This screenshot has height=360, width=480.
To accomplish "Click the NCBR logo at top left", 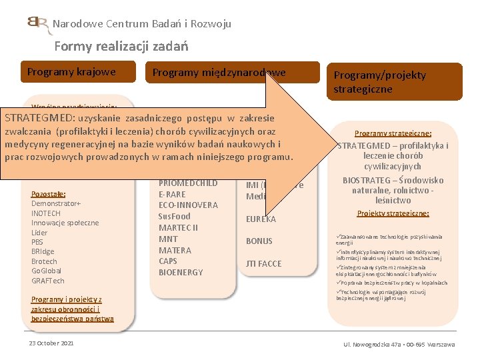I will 38,25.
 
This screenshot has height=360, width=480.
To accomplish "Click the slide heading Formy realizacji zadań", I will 121,46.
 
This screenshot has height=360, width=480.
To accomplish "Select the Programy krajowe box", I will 71,72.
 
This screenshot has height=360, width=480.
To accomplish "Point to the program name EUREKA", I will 261,219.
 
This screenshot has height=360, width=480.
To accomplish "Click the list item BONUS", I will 259,241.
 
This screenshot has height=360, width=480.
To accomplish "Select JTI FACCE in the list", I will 264,263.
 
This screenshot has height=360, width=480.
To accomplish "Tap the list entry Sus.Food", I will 174,216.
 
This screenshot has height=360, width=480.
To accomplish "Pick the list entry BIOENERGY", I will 181,273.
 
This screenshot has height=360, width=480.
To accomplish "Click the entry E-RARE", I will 172,193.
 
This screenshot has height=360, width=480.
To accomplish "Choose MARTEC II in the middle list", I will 179,227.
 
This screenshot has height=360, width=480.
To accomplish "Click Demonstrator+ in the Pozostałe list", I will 56,203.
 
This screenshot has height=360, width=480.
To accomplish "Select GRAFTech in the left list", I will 48,281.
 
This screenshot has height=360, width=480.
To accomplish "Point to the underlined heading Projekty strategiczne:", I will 393,213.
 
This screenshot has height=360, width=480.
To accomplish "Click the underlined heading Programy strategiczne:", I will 393,133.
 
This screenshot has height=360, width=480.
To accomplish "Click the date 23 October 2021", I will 51,343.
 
